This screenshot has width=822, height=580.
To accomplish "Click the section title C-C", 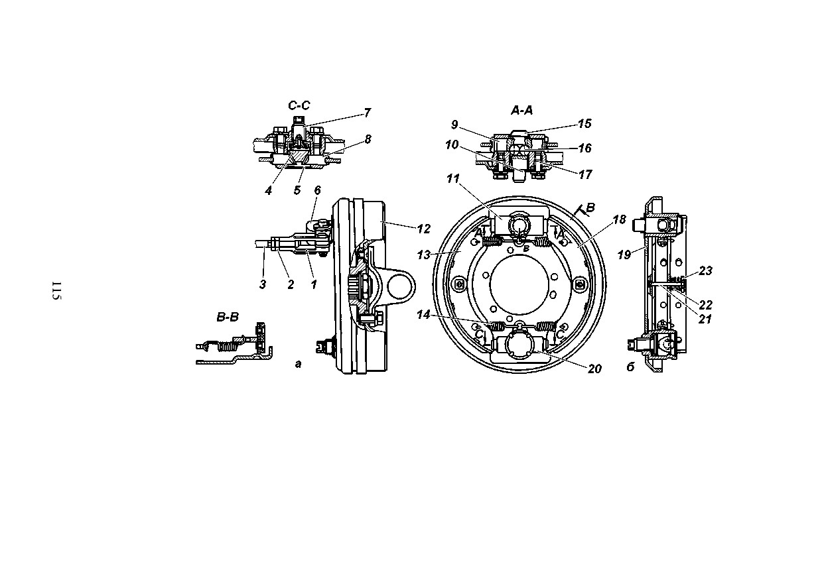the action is pyautogui.click(x=299, y=105).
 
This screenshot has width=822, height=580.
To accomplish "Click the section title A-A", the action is pyautogui.click(x=522, y=110).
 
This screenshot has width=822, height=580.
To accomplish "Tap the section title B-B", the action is pyautogui.click(x=228, y=317).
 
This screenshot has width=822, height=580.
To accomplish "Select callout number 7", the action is pyautogui.click(x=368, y=112).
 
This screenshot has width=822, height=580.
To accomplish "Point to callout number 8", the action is pyautogui.click(x=368, y=139).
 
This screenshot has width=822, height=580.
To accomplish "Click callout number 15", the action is pyautogui.click(x=585, y=123).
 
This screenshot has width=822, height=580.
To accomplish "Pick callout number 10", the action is pyautogui.click(x=452, y=145).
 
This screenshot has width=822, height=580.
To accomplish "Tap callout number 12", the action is pyautogui.click(x=423, y=229).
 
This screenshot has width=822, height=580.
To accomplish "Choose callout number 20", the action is pyautogui.click(x=594, y=369).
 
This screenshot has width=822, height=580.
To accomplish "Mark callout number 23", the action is pyautogui.click(x=705, y=270).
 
